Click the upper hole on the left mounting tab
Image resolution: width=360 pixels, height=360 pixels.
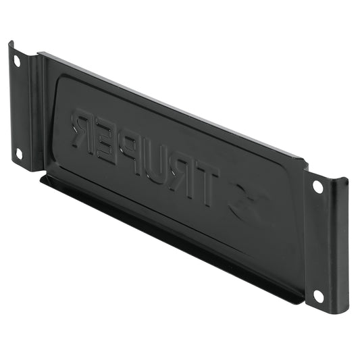(17, 61)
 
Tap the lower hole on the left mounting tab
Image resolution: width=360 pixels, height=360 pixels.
(20, 154)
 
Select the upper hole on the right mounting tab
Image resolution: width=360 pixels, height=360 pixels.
(318, 186)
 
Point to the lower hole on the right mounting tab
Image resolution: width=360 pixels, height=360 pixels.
(318, 297)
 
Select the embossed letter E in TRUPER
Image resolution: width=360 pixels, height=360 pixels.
(105, 143)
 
